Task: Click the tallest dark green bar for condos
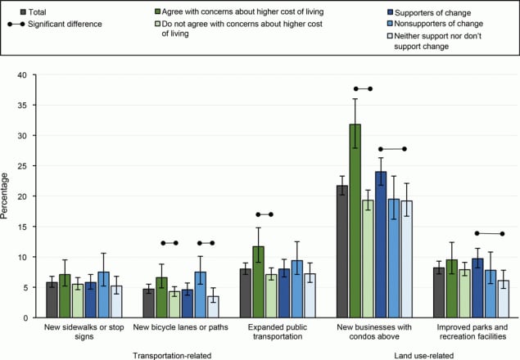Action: [355, 221]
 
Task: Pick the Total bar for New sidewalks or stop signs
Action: [52, 299]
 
